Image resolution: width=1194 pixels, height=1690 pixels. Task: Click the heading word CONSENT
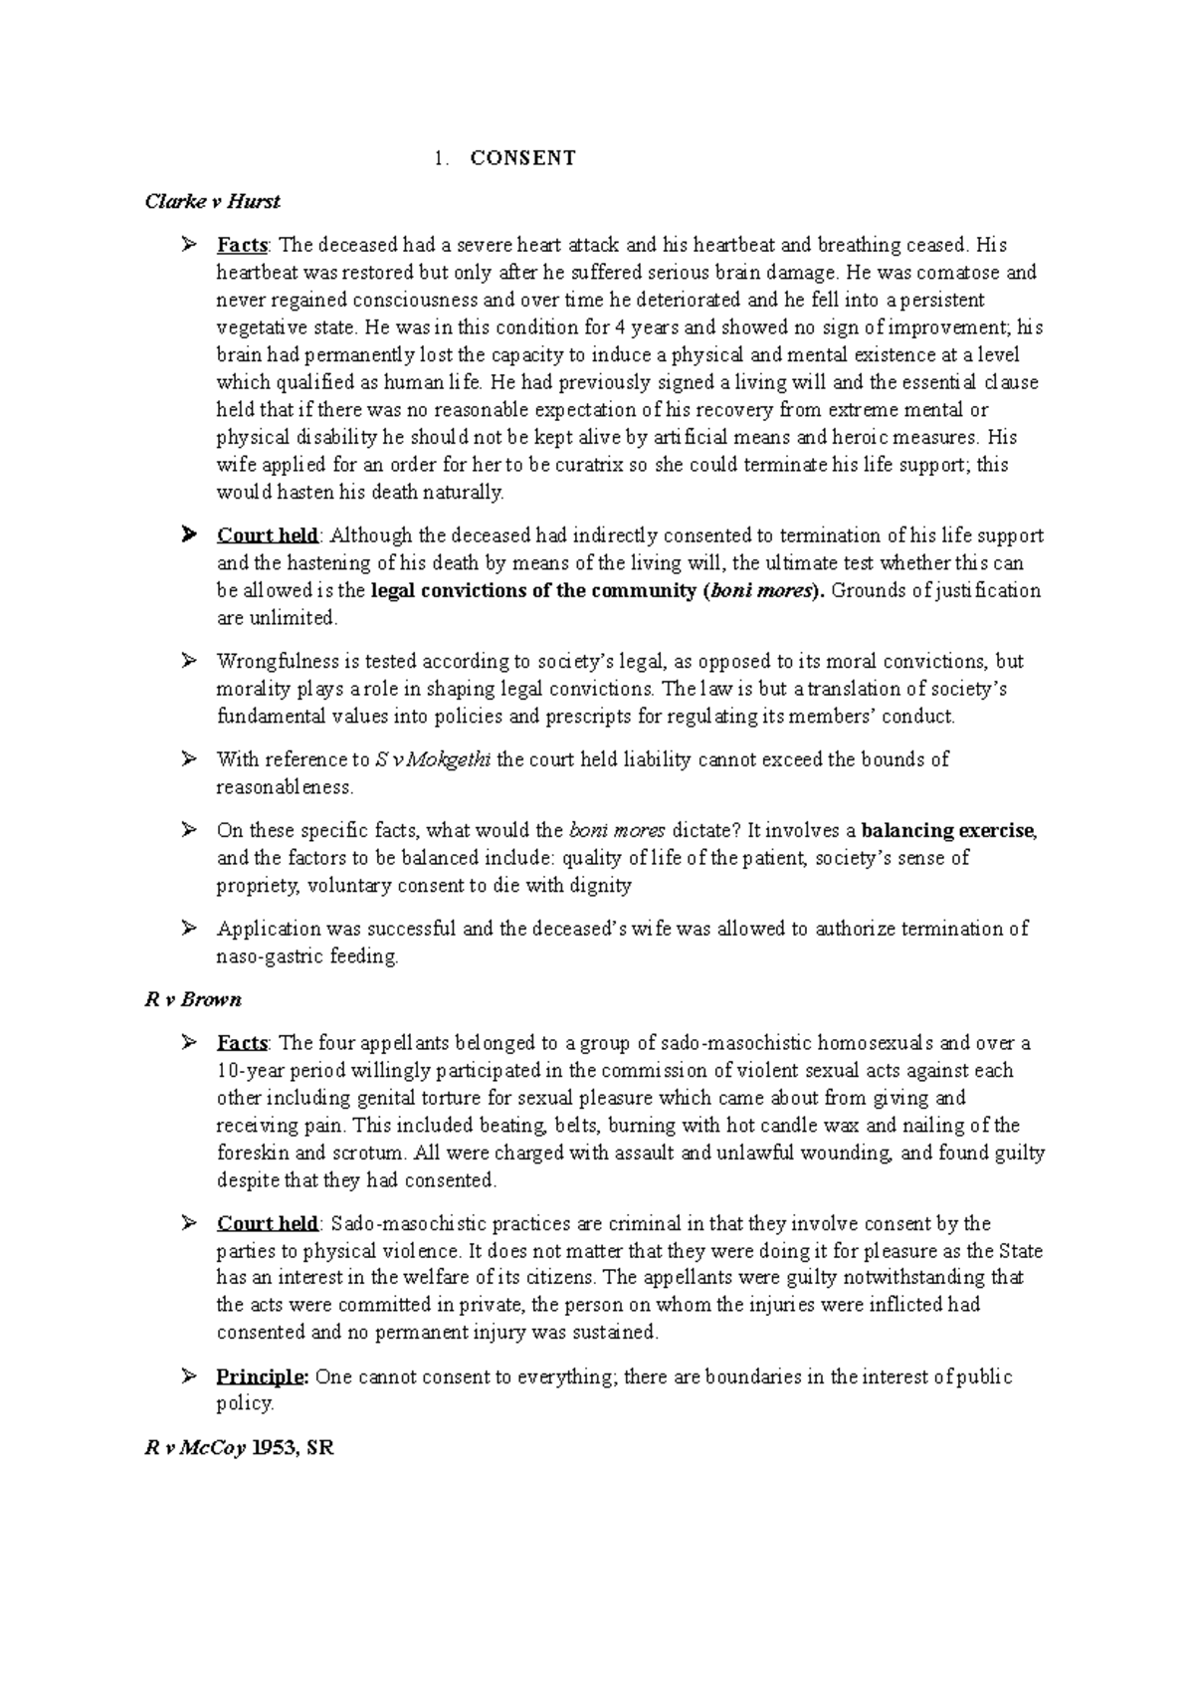[522, 158]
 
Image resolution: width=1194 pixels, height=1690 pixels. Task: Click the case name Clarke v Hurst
[212, 202]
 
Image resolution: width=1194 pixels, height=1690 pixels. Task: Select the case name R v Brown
[193, 999]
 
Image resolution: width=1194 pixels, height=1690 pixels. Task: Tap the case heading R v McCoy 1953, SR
[239, 1449]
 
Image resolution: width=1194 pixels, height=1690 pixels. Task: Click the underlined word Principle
[262, 1377]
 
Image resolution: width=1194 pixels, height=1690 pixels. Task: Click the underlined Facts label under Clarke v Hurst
[242, 245]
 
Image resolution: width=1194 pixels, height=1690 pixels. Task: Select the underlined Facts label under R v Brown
[242, 1044]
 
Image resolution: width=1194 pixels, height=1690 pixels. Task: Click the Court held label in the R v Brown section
[267, 1224]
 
